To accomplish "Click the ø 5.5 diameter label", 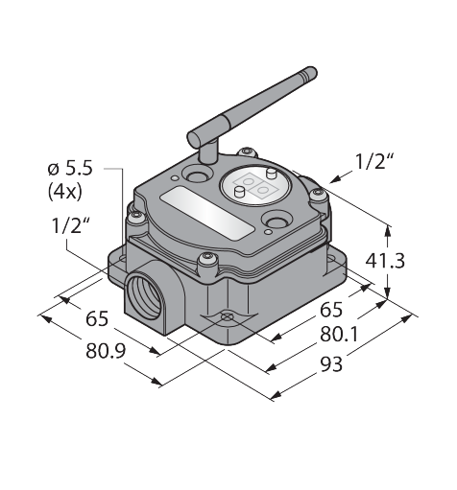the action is (x=70, y=169).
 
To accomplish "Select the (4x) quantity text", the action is (x=65, y=193).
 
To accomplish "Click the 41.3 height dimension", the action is (x=385, y=261).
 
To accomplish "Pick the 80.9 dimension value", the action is (x=106, y=351).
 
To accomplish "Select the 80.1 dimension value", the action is (x=339, y=335).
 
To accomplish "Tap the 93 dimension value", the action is (x=331, y=363).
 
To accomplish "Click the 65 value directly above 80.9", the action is (x=97, y=319).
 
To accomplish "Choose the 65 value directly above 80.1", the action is (x=331, y=310).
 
